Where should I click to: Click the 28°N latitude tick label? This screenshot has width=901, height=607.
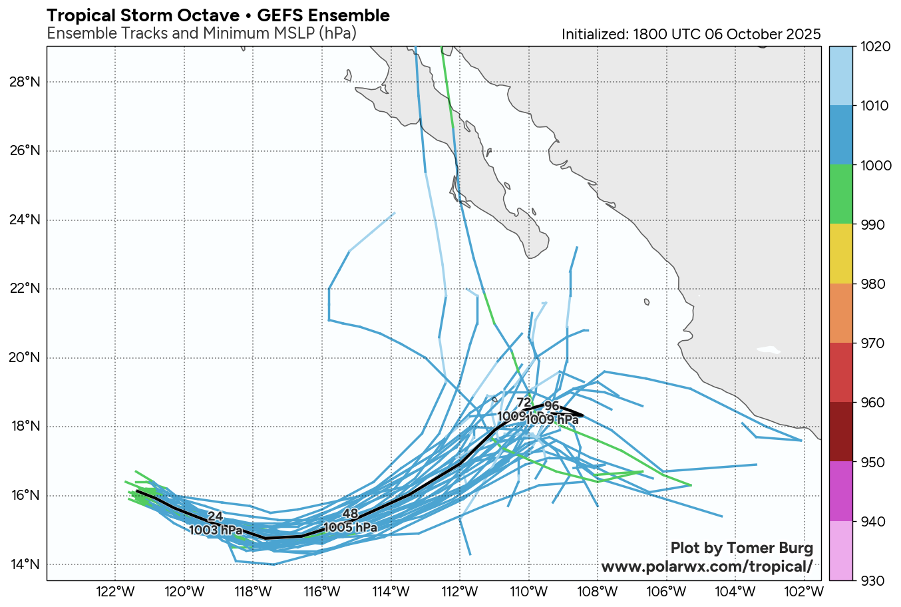pos(25,82)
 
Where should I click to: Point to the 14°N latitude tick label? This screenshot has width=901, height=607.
pos(25,564)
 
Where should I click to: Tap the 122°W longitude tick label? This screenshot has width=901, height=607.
pos(116,592)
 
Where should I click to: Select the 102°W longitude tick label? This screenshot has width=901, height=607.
pos(805,592)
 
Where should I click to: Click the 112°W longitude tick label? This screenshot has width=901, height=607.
pos(460,592)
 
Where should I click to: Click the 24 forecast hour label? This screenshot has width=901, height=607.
pos(215,516)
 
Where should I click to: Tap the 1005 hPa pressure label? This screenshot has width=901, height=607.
pos(351,528)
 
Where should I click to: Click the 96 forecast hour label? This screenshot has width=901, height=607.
pos(552,406)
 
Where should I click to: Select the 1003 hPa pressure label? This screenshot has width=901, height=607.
pos(216,530)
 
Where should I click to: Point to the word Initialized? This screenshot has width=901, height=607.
pos(594,35)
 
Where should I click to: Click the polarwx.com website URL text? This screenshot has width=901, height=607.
pos(707,566)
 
